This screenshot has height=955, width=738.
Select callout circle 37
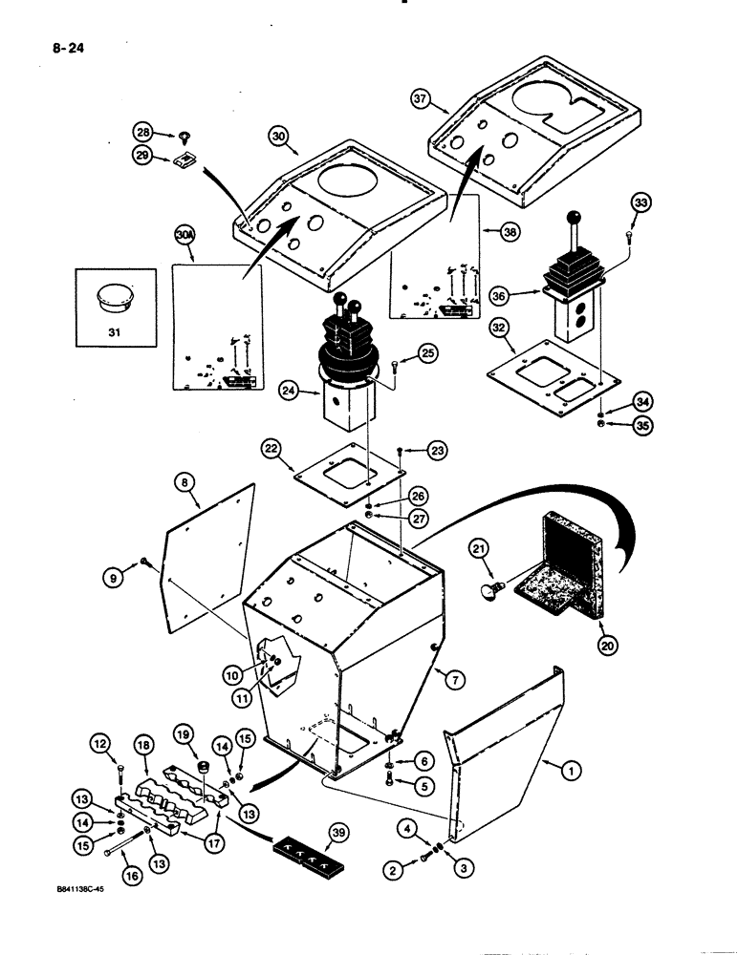pos(421,98)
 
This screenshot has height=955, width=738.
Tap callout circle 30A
pos(184,233)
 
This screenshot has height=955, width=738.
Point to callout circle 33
pos(640,204)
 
